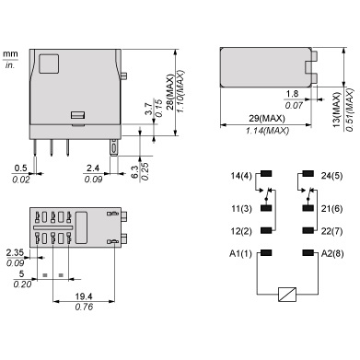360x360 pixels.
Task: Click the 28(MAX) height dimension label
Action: click(x=170, y=92)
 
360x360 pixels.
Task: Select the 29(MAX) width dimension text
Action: click(x=267, y=118)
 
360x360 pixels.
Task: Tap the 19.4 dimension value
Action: click(x=84, y=296)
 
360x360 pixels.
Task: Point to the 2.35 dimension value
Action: click(x=15, y=253)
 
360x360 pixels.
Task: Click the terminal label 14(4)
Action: click(x=241, y=176)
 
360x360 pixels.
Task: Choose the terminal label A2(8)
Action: click(x=332, y=254)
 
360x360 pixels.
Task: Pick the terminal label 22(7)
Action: click(x=331, y=231)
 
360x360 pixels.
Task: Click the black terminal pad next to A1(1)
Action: click(x=266, y=253)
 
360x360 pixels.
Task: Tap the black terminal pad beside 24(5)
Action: click(x=308, y=174)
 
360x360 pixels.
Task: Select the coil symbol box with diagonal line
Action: click(x=287, y=295)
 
